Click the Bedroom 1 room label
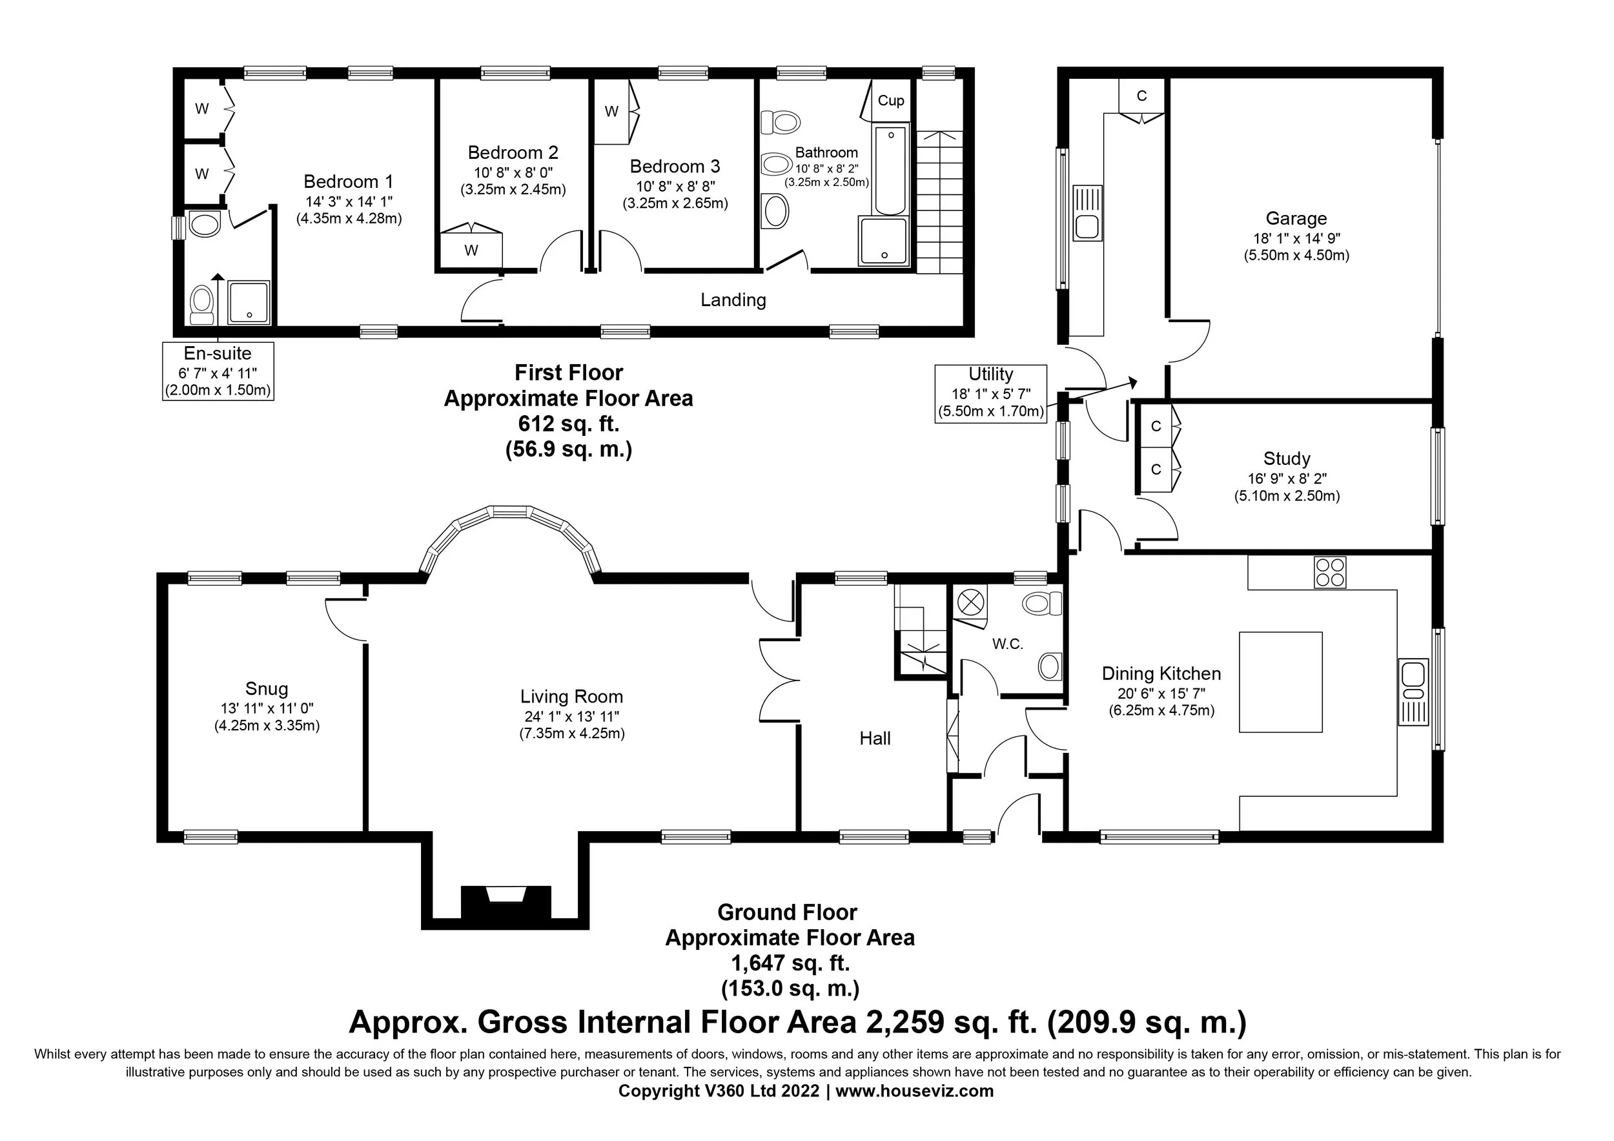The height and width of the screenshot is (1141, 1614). tap(349, 181)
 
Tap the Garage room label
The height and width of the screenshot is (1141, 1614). tap(1296, 219)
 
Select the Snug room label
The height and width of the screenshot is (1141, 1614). tap(267, 689)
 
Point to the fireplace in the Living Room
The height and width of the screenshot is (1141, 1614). tap(506, 902)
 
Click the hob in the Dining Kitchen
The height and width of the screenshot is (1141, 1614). tap(1330, 572)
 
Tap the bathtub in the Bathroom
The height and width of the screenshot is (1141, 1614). tap(891, 169)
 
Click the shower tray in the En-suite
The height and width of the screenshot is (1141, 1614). tap(249, 303)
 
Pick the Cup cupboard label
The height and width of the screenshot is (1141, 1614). tap(891, 101)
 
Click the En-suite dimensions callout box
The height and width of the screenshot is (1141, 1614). tap(218, 371)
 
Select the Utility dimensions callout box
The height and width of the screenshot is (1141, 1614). tap(990, 394)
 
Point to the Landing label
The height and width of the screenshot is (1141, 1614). tap(733, 300)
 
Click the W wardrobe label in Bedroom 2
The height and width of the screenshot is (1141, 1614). tap(472, 251)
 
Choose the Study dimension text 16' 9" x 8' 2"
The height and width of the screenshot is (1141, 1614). tap(1287, 478)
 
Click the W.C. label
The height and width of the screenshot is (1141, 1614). tap(1007, 644)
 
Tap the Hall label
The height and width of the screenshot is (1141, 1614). tap(875, 738)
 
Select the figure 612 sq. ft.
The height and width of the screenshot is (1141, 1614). tap(569, 424)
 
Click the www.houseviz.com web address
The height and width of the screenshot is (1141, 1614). tap(915, 1091)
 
